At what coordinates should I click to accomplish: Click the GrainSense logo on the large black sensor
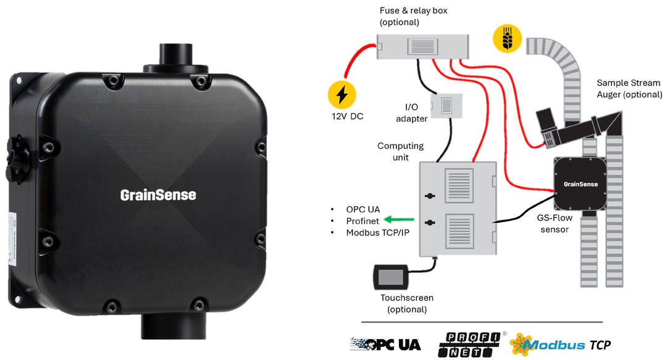(157, 195)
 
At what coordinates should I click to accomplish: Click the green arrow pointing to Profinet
(396, 219)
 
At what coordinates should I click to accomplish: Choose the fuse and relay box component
(422, 46)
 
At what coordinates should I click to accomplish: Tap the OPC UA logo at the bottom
(385, 344)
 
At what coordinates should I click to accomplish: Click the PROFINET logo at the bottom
(469, 344)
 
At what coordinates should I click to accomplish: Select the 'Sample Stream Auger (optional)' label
(629, 89)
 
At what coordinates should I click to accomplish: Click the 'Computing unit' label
(400, 151)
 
